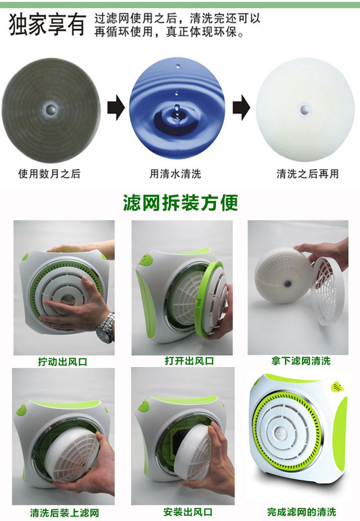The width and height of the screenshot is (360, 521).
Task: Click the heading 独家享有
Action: pyautogui.click(x=47, y=25)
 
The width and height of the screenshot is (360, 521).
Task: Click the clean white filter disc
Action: pyautogui.click(x=305, y=110)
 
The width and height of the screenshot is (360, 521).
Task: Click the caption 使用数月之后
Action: pyautogui.click(x=49, y=174)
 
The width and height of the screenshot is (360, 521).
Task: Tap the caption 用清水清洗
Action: pyautogui.click(x=175, y=174)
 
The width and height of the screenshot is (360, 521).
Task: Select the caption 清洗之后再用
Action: pyautogui.click(x=308, y=174)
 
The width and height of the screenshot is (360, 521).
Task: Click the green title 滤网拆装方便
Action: pyautogui.click(x=181, y=202)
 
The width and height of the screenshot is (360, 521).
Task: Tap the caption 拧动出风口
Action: pyautogui.click(x=62, y=361)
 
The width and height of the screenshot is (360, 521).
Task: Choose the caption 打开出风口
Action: pyautogui.click(x=189, y=361)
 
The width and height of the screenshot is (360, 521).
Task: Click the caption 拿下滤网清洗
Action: pyautogui.click(x=301, y=361)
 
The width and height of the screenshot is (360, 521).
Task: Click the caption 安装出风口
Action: pyautogui.click(x=188, y=511)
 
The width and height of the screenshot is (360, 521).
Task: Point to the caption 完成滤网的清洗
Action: pyautogui.click(x=301, y=511)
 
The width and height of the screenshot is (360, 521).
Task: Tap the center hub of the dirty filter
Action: pyautogui.click(x=51, y=108)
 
